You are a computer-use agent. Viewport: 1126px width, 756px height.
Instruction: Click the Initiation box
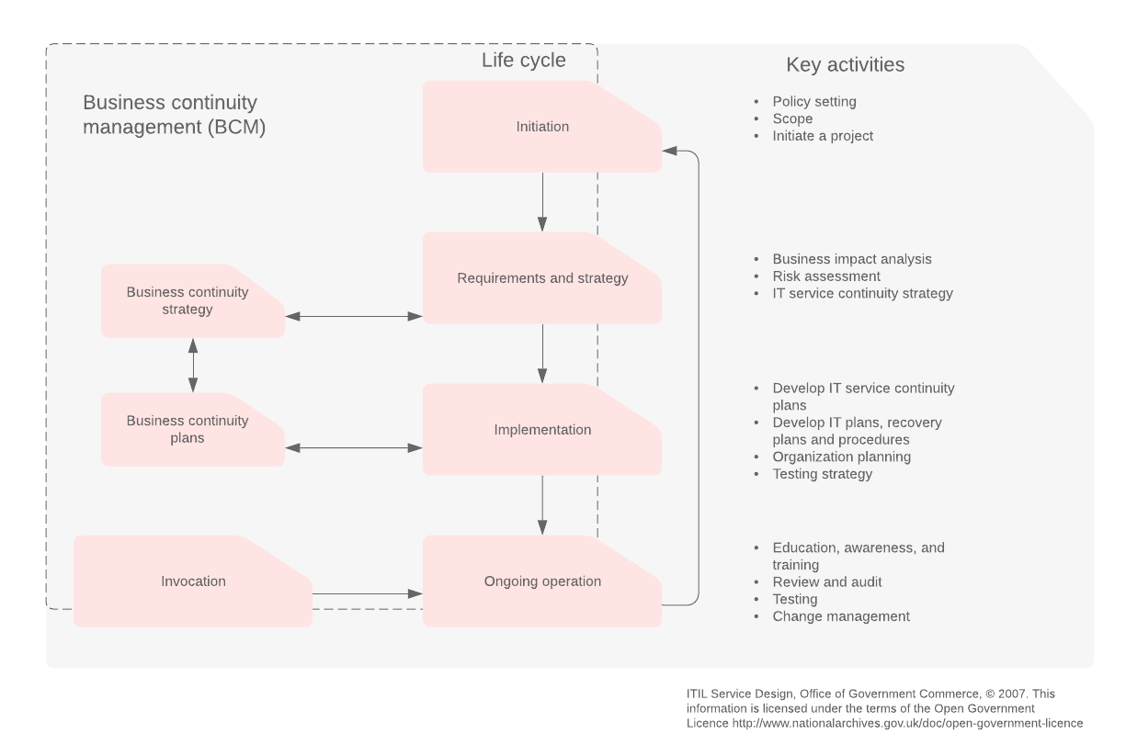(x=542, y=127)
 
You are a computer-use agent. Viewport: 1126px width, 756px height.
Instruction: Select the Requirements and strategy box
(x=542, y=278)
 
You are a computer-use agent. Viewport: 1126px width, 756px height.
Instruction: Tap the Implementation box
(x=542, y=430)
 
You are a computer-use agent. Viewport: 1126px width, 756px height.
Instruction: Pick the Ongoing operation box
(x=542, y=581)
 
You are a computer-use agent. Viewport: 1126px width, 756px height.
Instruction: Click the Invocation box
(x=193, y=581)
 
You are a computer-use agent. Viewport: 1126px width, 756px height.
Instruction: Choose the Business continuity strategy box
(x=188, y=301)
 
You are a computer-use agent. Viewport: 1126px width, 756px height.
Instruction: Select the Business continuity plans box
(x=188, y=430)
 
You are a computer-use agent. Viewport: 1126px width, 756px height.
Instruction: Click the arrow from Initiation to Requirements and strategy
(x=542, y=202)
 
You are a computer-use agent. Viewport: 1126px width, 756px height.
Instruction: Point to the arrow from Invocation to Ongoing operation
(x=367, y=594)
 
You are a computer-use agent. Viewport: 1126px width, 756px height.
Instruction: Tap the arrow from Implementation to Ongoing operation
(x=542, y=505)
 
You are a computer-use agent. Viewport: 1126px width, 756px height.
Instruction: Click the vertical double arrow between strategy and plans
(x=193, y=366)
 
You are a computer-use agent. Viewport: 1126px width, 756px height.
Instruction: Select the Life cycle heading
(x=524, y=62)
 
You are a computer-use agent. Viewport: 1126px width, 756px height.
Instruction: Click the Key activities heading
(x=845, y=65)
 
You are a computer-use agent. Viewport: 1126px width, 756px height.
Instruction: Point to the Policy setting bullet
(x=814, y=102)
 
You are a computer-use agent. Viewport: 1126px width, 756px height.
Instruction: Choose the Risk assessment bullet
(x=826, y=276)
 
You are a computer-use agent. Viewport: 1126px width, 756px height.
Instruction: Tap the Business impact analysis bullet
(x=852, y=259)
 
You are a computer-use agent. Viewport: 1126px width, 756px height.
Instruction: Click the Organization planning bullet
(x=842, y=457)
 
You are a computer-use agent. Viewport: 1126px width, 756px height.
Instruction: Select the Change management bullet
(x=841, y=616)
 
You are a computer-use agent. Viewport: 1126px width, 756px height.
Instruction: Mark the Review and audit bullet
(x=827, y=582)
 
